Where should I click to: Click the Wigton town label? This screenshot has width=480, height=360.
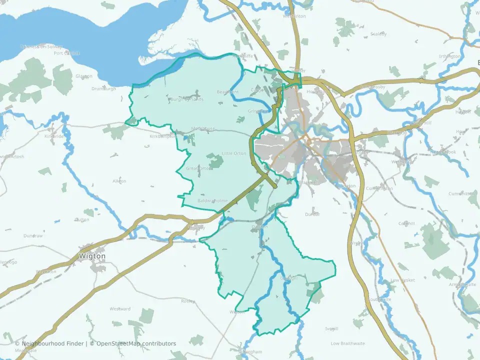pos(92,256)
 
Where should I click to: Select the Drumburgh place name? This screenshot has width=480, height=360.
pos(103,88)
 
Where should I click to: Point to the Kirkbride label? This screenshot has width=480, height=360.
pos(54,136)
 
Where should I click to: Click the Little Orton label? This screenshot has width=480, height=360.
pos(234,153)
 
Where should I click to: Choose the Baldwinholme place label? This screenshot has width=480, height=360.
pos(212,200)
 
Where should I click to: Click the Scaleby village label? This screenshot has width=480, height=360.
pos(378,34)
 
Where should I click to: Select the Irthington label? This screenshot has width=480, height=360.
pos(449,56)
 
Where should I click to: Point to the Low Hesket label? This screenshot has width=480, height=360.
pos(402,280)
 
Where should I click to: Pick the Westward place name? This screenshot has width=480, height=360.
pos(120,309)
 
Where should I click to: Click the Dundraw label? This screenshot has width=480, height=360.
pos(33,235)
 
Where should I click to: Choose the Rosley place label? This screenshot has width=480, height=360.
pos(188,301)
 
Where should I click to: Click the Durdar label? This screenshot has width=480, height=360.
pos(312,214)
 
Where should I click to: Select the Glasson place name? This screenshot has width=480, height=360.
pos(84,76)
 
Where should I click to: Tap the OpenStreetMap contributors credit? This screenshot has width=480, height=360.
pos(136,343)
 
